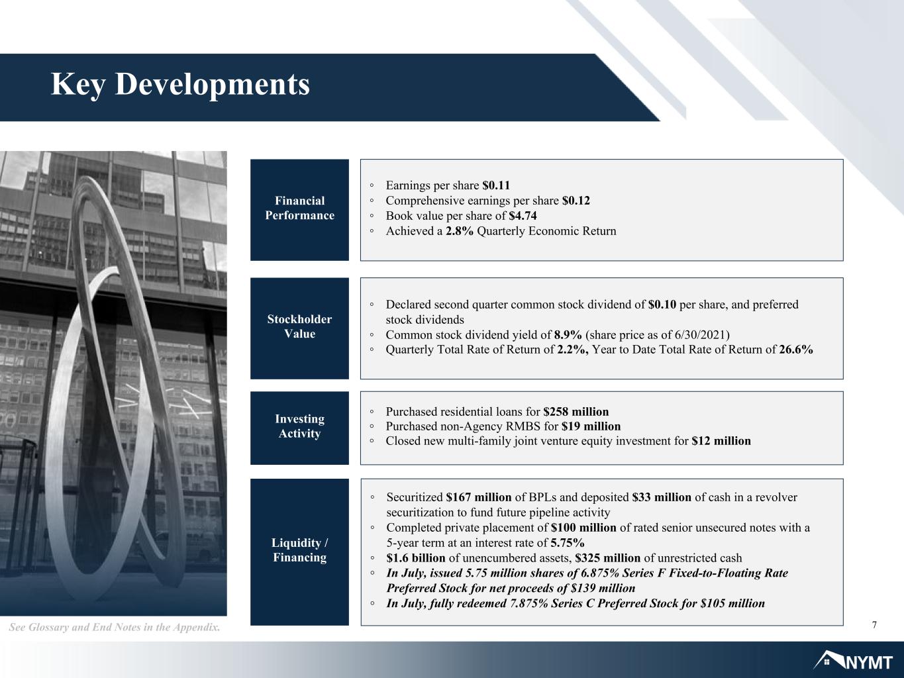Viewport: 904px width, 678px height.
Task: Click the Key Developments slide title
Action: click(180, 84)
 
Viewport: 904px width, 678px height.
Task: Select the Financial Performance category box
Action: click(299, 210)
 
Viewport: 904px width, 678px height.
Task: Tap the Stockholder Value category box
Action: click(299, 328)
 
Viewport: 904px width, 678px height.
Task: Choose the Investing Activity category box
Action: click(299, 428)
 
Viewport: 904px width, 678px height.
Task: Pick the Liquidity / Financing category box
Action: click(299, 552)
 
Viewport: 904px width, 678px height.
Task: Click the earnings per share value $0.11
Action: click(496, 185)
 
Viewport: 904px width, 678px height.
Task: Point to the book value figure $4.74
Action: click(523, 216)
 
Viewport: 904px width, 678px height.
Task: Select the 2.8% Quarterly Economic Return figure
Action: click(459, 231)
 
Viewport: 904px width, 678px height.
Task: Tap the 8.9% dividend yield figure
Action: click(568, 334)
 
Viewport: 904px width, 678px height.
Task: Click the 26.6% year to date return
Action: click(796, 350)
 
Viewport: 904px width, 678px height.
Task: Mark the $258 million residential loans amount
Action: click(576, 412)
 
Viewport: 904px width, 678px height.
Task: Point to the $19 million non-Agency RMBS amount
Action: click(591, 426)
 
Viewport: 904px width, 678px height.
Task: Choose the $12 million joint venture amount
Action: click(721, 441)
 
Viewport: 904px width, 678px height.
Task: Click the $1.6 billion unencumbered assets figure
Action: click(416, 557)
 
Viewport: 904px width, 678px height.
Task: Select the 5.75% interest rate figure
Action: click(568, 542)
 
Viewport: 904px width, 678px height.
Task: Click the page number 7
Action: click(874, 625)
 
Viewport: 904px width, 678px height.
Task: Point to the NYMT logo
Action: click(853, 661)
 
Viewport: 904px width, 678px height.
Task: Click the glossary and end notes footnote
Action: click(115, 627)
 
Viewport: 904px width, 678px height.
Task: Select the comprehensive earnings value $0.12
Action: click(576, 201)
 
